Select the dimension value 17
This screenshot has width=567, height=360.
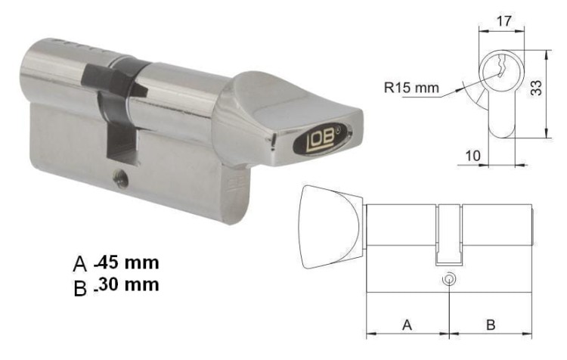pos(503,21)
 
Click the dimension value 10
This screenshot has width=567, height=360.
pos(472,156)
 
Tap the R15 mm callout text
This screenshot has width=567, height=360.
pos(411,88)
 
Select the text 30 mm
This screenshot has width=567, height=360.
pos(129,284)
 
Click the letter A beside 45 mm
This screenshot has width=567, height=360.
pos(80,264)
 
